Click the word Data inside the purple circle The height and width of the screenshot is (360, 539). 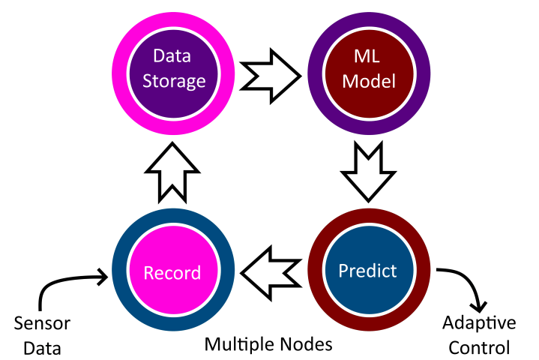tap(172, 55)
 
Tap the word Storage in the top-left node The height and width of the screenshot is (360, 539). tap(174, 81)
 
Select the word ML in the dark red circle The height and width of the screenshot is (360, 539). tap(367, 56)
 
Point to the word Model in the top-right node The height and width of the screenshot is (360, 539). tap(369, 82)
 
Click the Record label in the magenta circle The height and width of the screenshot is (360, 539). tap(172, 273)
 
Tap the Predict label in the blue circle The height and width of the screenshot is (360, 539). tap(367, 271)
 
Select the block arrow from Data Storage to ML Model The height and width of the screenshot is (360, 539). tap(271, 76)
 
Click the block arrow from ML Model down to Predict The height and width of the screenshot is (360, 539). tap(368, 171)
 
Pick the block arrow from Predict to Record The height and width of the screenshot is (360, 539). tap(271, 273)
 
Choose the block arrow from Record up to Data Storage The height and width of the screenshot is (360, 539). tap(172, 172)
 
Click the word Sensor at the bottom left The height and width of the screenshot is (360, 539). tap(42, 323)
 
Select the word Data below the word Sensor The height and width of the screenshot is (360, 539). tap(42, 348)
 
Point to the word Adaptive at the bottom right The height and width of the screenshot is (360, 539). tap(479, 323)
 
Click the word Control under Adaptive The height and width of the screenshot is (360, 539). tap(479, 347)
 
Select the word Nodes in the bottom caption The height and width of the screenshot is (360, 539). tap(307, 344)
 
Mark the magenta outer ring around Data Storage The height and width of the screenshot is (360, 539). tap(119, 73)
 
